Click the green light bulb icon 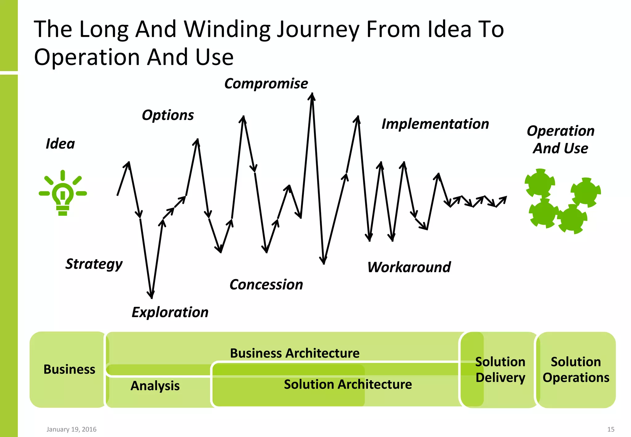click(x=63, y=193)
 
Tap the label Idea click(x=60, y=144)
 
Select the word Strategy click(x=94, y=264)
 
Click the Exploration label click(x=170, y=312)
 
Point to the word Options click(x=168, y=115)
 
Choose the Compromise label click(x=266, y=84)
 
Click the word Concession click(x=266, y=284)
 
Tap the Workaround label click(x=409, y=267)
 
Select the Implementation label click(x=435, y=124)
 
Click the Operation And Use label click(x=560, y=140)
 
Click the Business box click(x=69, y=370)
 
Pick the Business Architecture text click(x=295, y=353)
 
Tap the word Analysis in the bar click(x=155, y=386)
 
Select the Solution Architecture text click(x=348, y=384)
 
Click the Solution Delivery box click(x=500, y=370)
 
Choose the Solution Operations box click(x=576, y=370)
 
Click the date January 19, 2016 click(x=71, y=429)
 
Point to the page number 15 click(x=611, y=429)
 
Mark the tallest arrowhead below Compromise click(x=312, y=96)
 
